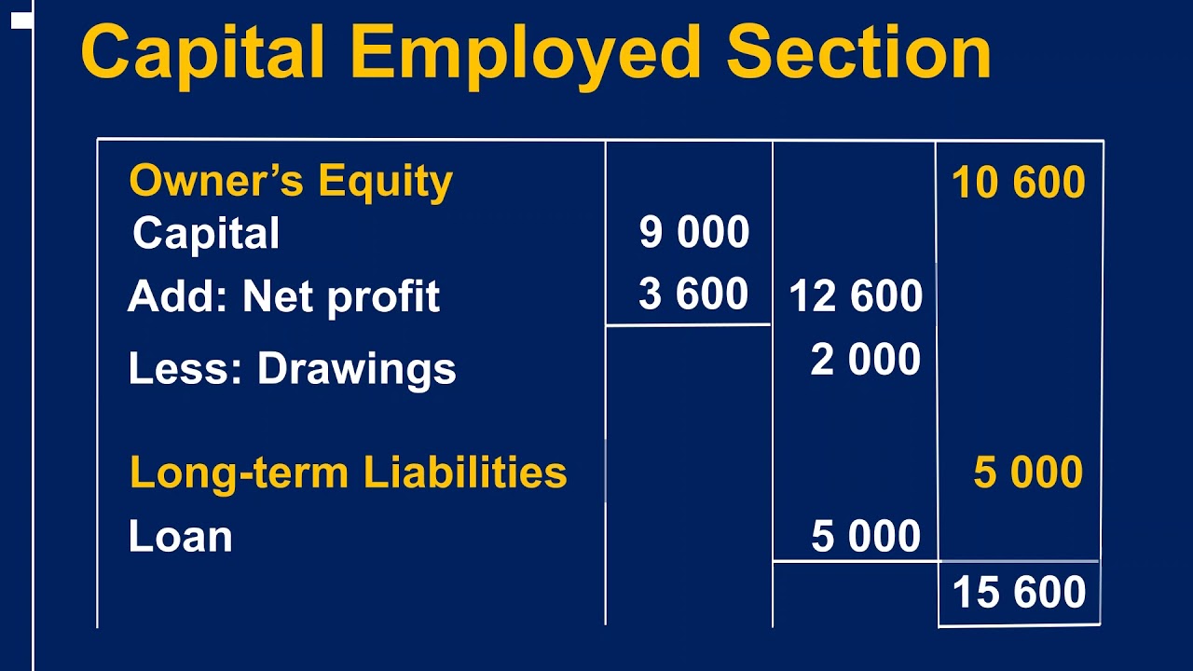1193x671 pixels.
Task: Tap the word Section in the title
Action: (858, 53)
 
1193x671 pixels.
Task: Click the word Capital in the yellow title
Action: (203, 53)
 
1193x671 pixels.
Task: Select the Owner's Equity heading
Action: (291, 181)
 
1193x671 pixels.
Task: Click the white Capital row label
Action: (206, 233)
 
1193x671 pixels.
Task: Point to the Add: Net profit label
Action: (283, 297)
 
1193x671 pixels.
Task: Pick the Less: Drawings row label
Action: (292, 369)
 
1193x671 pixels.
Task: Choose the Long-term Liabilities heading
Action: (348, 472)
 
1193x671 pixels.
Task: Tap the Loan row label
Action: (180, 537)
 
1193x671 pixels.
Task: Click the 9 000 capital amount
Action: (694, 233)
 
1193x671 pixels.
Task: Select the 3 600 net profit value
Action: (693, 295)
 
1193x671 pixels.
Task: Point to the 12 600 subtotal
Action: (856, 297)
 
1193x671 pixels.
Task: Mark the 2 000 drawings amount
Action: (866, 360)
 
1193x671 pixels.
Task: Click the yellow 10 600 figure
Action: (1019, 183)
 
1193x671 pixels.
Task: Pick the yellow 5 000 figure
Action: (1028, 473)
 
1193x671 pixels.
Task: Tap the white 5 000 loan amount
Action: (866, 537)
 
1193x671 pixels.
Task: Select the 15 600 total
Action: (1019, 593)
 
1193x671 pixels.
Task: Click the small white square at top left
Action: (21, 20)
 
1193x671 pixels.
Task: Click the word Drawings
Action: (356, 370)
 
